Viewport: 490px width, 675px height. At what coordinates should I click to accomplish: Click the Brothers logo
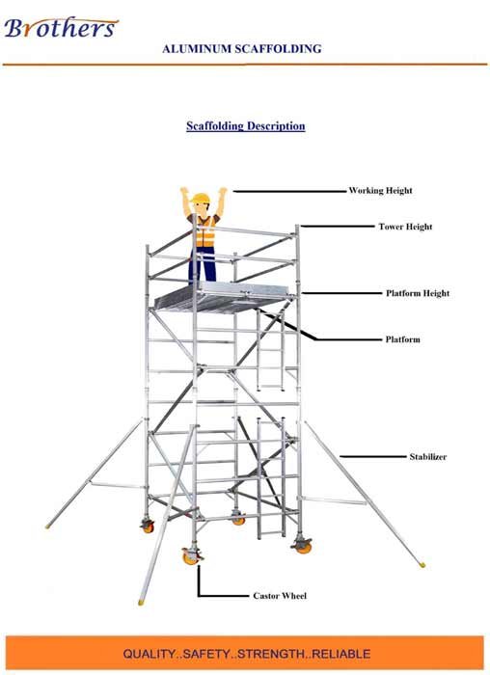[61, 27]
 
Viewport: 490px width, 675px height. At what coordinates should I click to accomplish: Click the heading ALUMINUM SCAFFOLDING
[241, 48]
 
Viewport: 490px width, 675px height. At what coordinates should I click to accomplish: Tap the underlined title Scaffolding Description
[245, 125]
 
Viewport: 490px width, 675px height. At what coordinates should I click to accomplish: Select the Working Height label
[380, 190]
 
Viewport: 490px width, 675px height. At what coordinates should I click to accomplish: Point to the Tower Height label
[405, 227]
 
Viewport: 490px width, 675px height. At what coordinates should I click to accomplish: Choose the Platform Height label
[418, 293]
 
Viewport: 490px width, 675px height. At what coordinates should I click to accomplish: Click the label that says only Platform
[402, 339]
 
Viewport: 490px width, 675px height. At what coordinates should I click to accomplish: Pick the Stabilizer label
[427, 457]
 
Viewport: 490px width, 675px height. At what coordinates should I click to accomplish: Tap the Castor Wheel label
[280, 596]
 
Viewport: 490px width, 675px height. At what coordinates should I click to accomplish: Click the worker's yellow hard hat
[201, 199]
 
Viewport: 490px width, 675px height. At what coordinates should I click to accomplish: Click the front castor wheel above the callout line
[190, 556]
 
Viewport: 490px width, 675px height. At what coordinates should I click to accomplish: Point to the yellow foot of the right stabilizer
[422, 564]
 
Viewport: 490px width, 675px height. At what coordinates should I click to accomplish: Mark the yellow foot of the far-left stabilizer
[48, 526]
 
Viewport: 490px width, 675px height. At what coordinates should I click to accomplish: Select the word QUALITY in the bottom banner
[149, 654]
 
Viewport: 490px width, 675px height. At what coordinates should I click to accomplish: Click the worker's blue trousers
[202, 265]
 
